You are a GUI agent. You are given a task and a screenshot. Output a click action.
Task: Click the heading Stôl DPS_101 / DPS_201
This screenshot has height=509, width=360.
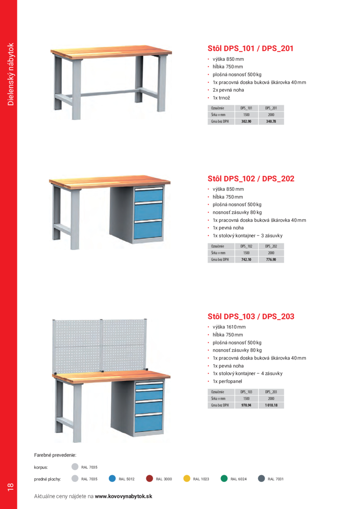(x=250, y=48)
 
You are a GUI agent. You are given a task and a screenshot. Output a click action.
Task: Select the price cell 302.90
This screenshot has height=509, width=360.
(x=246, y=121)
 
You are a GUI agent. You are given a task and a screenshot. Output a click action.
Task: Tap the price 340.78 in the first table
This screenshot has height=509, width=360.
(x=271, y=121)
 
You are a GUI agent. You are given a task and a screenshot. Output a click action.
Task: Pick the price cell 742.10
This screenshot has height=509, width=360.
(x=246, y=260)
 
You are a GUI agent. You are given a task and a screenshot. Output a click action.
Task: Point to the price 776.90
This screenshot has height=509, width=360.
(x=271, y=260)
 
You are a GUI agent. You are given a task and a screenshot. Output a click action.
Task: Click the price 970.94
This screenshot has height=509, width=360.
(x=246, y=405)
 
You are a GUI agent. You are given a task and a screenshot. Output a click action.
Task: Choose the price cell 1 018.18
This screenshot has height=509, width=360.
(x=271, y=405)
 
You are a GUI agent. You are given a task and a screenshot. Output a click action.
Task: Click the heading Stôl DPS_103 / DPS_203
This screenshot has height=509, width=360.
(x=251, y=316)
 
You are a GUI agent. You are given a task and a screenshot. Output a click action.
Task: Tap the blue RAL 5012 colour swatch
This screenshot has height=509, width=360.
(x=112, y=478)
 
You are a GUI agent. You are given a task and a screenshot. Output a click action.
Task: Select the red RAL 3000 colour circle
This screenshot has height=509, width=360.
(x=149, y=478)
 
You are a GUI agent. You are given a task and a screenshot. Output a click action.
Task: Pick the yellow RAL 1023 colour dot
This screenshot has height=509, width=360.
(x=187, y=478)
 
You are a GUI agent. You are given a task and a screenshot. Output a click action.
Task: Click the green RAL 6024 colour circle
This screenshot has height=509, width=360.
(x=224, y=478)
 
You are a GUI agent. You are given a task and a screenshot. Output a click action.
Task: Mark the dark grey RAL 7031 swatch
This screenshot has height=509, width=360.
(x=261, y=478)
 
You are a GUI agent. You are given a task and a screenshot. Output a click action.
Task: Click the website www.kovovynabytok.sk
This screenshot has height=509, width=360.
(x=123, y=496)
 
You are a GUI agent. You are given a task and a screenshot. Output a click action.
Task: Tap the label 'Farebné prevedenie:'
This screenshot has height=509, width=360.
(x=52, y=455)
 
